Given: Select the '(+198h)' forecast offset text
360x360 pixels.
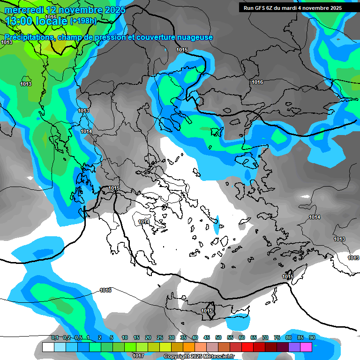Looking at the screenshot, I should point(83,21).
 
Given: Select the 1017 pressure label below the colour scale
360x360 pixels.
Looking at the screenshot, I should point(138,356).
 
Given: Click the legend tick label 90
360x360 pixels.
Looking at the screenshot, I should point(312,338).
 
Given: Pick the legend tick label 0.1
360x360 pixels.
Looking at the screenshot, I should point(55,338).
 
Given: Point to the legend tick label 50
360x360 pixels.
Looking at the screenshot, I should point(218,338).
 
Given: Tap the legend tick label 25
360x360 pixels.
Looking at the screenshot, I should point(160,338).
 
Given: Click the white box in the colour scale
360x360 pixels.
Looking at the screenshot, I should point(48,347).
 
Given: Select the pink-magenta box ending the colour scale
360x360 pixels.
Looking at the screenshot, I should point(306,347).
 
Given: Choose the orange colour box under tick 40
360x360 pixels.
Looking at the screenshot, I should point(189,347).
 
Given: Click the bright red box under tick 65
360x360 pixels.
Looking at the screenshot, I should point(247,347).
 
